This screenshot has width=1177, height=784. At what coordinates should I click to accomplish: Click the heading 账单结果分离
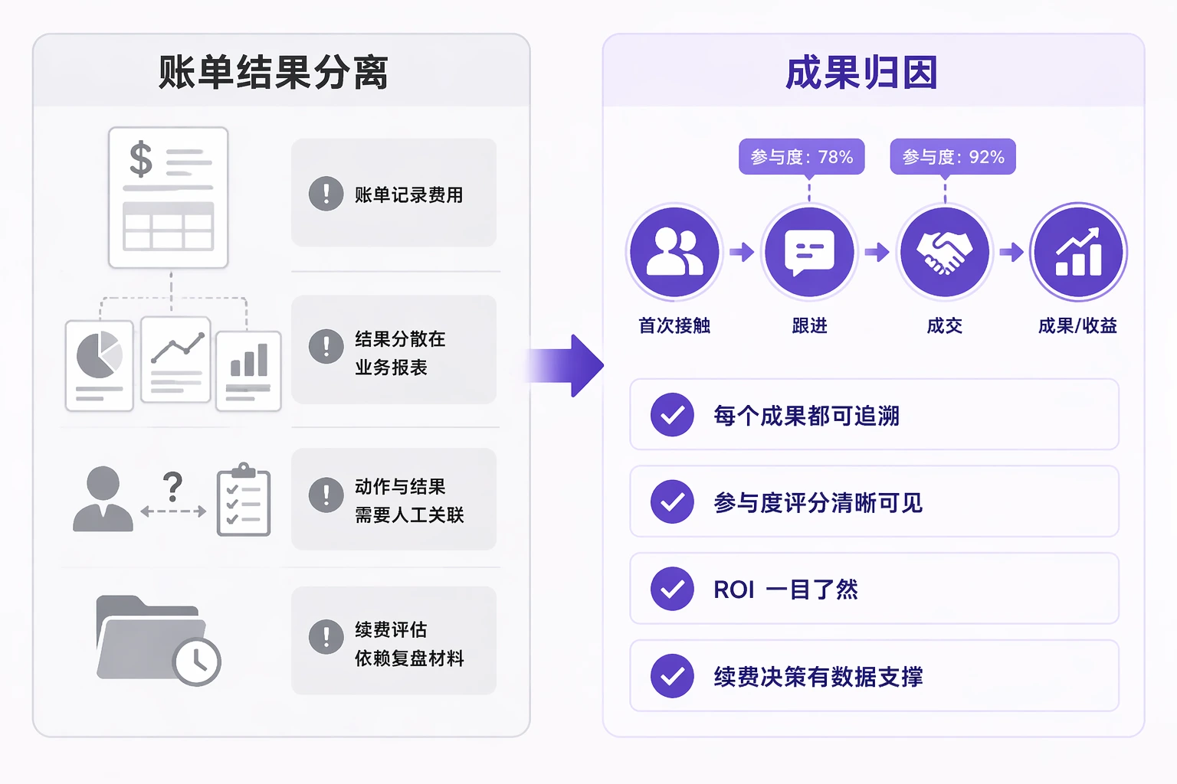click(273, 73)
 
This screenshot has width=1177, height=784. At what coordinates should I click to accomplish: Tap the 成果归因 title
click(861, 73)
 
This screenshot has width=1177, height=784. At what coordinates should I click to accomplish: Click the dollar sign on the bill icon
click(141, 159)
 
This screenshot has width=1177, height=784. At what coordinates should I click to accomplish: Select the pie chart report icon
click(100, 364)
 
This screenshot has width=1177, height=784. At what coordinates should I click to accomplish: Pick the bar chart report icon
click(248, 370)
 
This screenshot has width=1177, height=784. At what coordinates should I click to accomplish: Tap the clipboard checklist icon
click(244, 499)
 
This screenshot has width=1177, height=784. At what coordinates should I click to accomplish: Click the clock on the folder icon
click(197, 661)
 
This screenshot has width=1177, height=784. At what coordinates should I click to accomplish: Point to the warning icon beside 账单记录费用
click(326, 194)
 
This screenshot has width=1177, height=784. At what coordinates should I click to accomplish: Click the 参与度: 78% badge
click(802, 157)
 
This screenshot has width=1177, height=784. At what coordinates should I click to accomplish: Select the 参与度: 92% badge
click(952, 157)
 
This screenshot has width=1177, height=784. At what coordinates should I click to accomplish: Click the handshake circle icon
click(944, 252)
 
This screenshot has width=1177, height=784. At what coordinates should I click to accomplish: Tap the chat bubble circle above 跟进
click(809, 252)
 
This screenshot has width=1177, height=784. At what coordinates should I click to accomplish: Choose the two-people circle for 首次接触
click(674, 252)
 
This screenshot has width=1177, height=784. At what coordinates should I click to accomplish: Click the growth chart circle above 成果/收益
click(1078, 252)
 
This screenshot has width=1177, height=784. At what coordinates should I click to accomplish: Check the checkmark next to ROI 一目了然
click(672, 589)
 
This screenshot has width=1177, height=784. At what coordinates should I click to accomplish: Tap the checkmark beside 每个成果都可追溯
click(672, 415)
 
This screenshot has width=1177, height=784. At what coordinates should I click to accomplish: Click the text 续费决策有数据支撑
click(818, 677)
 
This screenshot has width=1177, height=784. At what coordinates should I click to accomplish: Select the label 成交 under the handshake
click(944, 326)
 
